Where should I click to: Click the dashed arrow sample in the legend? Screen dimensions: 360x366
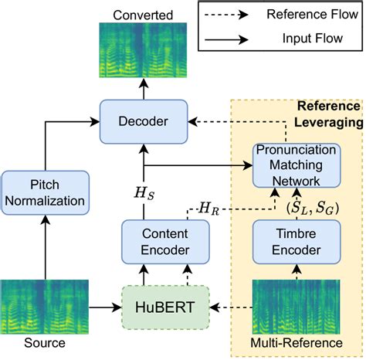[231, 15]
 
